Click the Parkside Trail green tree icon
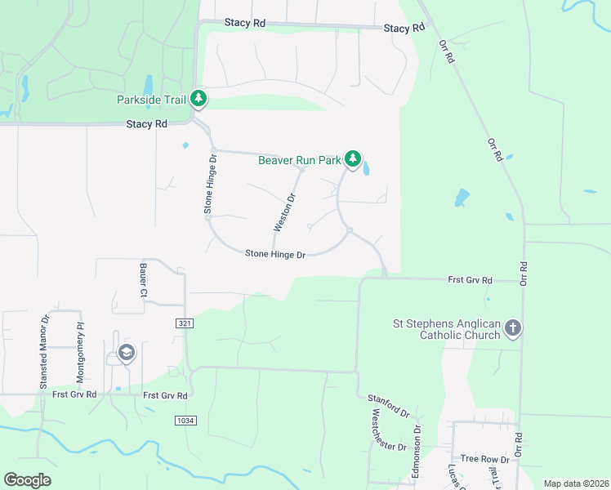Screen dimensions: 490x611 (x=198, y=99)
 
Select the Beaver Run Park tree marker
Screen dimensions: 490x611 (x=352, y=158)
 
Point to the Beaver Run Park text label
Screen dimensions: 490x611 (x=299, y=160)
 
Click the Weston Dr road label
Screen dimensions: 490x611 (x=285, y=212)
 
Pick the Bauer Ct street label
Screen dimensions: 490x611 (x=144, y=280)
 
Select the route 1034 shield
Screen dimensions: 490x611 (x=185, y=420)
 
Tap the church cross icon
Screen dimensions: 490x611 (x=512, y=328)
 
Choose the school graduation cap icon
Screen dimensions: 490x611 (x=126, y=353)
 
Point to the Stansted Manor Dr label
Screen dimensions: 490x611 (x=45, y=350)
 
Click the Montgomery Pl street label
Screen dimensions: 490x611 (x=80, y=354)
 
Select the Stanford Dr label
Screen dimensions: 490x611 (x=388, y=405)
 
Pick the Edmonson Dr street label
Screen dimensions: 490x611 (x=416, y=452)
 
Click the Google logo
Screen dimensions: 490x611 (x=28, y=480)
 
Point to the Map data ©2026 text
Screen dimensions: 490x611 (x=576, y=483)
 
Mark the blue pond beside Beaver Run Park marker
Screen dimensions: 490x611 (x=365, y=168)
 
